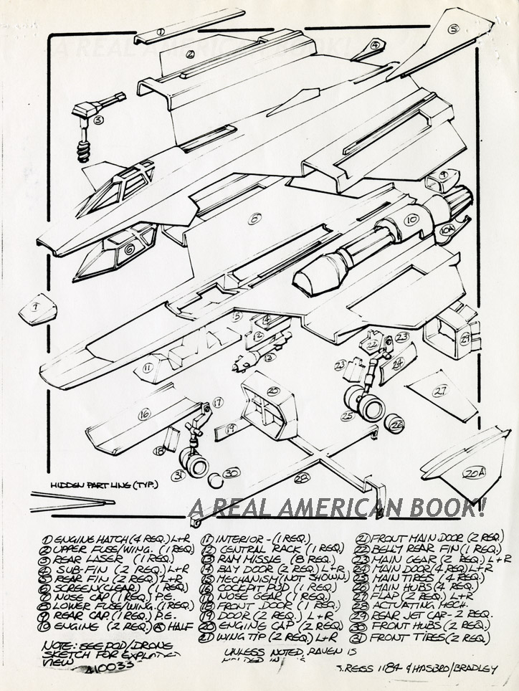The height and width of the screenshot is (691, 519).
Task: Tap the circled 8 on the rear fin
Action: click(453, 29)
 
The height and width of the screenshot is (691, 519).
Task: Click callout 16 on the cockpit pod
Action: click(144, 413)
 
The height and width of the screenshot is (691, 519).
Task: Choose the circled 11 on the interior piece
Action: click(147, 368)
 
